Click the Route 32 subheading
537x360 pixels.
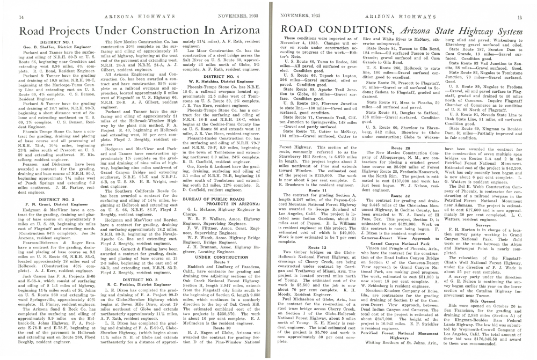pyautogui.click(x=401, y=197)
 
